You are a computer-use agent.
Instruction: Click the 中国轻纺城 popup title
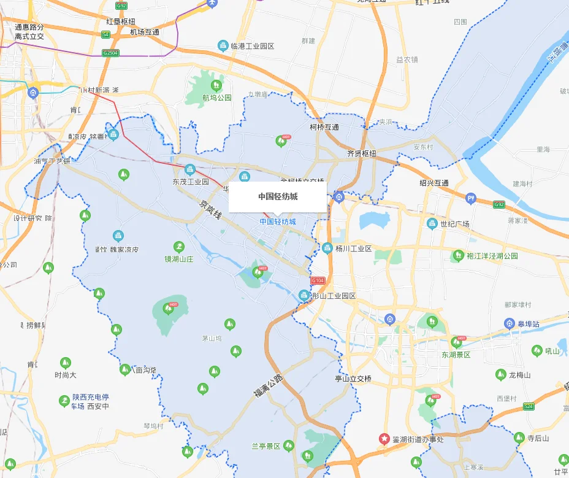point(278,196)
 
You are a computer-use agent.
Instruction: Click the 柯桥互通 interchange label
point(325,127)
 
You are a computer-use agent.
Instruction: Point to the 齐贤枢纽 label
point(362,153)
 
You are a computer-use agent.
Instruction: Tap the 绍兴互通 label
point(434,183)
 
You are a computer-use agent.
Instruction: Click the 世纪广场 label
point(455,224)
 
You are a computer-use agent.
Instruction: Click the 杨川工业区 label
point(354,249)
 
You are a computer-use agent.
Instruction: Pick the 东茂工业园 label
point(191,182)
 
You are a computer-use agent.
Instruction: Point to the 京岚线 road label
point(210,212)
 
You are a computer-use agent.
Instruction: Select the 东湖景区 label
point(456,355)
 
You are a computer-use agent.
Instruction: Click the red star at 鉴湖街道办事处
point(384,439)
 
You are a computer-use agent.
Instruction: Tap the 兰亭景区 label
point(266,446)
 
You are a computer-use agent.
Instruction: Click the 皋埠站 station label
point(527,323)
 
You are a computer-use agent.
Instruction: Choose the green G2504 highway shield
point(110,53)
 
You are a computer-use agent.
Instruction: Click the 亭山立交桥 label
point(353,379)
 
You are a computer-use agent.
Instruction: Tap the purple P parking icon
point(471,198)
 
